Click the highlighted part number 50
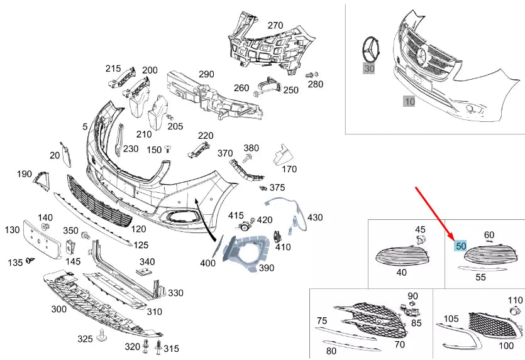461,246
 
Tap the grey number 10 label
409,100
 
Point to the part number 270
275,26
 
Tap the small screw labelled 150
169,150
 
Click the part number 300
58,309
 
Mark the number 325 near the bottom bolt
85,339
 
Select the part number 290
206,74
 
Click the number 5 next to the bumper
85,126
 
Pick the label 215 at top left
113,68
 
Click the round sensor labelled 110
516,312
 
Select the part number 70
399,344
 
